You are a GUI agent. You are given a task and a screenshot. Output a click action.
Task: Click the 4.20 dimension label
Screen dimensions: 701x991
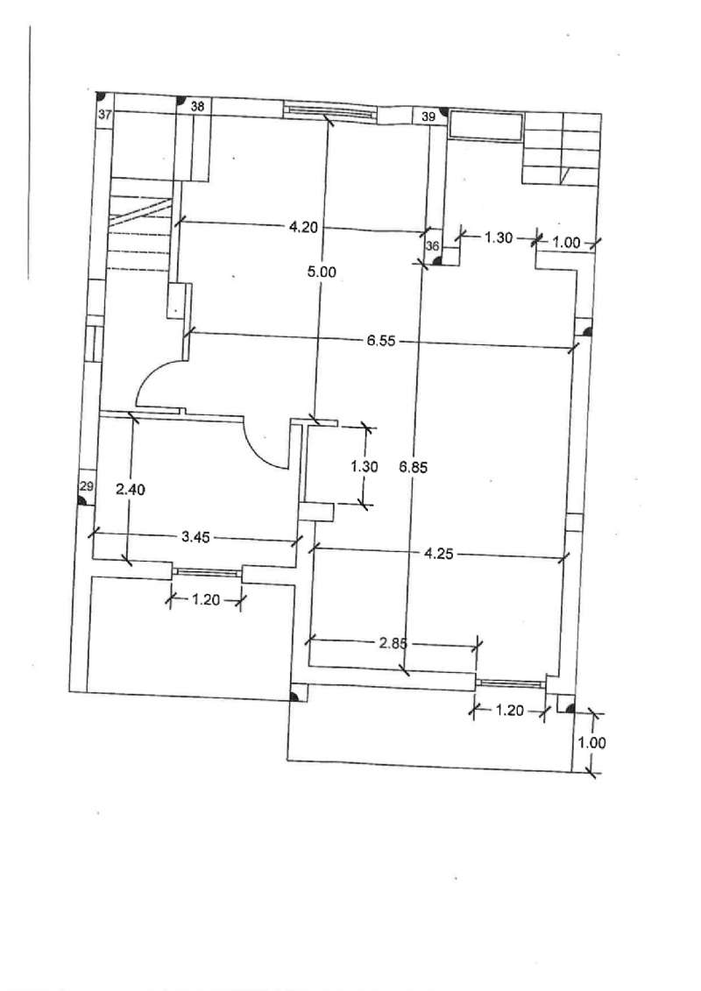pyautogui.click(x=303, y=227)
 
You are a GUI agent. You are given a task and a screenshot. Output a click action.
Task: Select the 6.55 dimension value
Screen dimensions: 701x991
pyautogui.click(x=381, y=341)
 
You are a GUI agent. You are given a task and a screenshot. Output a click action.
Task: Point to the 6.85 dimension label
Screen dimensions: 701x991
pyautogui.click(x=414, y=468)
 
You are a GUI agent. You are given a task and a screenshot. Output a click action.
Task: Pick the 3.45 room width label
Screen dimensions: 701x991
pyautogui.click(x=195, y=538)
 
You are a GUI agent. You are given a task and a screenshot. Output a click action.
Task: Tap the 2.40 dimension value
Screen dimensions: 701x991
pyautogui.click(x=131, y=489)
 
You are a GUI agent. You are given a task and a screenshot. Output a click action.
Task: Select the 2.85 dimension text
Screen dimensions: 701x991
pyautogui.click(x=393, y=643)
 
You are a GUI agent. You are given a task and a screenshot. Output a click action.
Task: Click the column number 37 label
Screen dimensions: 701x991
pyautogui.click(x=105, y=115)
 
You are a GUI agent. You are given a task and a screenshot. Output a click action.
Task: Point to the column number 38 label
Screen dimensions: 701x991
pyautogui.click(x=198, y=106)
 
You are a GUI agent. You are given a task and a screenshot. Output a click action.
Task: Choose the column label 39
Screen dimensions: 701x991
pyautogui.click(x=428, y=117)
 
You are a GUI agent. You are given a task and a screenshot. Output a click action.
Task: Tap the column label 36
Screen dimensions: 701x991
pyautogui.click(x=432, y=246)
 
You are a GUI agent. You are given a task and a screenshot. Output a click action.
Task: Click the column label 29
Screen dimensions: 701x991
pyautogui.click(x=87, y=486)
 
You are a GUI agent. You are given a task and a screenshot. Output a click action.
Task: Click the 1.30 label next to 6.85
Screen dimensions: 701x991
pyautogui.click(x=365, y=466)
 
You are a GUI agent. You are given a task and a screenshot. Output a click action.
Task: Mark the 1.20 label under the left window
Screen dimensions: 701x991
pyautogui.click(x=205, y=599)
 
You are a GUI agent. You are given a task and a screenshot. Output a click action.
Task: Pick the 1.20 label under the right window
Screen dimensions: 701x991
pyautogui.click(x=509, y=711)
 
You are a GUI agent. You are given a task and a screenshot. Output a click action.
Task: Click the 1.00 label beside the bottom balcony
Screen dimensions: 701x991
pyautogui.click(x=591, y=742)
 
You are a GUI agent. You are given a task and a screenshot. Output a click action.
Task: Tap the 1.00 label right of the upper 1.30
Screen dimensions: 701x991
pyautogui.click(x=566, y=242)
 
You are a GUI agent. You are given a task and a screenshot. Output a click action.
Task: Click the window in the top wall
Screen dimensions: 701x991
pyautogui.click(x=328, y=112)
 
